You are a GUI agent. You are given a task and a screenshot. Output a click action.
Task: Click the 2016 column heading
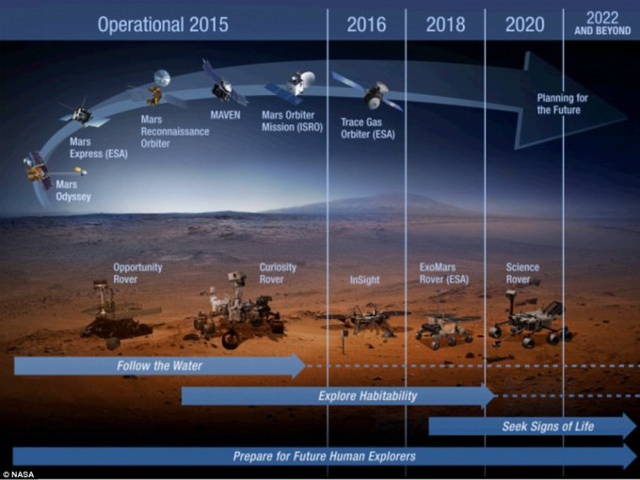click(x=366, y=24)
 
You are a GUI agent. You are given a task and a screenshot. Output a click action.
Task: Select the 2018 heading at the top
click(x=445, y=24)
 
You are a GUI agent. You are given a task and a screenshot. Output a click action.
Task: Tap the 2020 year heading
click(x=524, y=24)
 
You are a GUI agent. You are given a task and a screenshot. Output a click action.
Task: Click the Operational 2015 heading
click(x=163, y=24)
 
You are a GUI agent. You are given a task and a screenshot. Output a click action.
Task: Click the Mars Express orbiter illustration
click(x=83, y=115)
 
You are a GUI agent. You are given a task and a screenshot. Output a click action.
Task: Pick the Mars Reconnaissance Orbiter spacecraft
click(x=157, y=89)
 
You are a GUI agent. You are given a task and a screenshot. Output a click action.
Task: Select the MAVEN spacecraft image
click(x=224, y=85)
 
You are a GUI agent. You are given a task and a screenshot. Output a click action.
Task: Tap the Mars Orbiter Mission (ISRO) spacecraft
click(x=292, y=87)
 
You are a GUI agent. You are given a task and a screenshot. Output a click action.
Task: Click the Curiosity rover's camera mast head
click(x=236, y=279)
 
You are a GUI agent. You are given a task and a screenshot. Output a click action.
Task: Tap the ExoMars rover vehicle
click(x=445, y=327)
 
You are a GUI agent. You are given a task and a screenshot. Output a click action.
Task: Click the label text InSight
click(x=364, y=280)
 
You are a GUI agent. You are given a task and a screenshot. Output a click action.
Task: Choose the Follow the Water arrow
click(x=160, y=365)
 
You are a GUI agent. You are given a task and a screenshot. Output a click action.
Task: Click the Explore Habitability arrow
click(x=339, y=395)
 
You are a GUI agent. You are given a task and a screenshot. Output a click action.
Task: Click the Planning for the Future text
click(x=562, y=104)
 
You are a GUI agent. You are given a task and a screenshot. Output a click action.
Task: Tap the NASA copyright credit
click(x=18, y=474)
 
